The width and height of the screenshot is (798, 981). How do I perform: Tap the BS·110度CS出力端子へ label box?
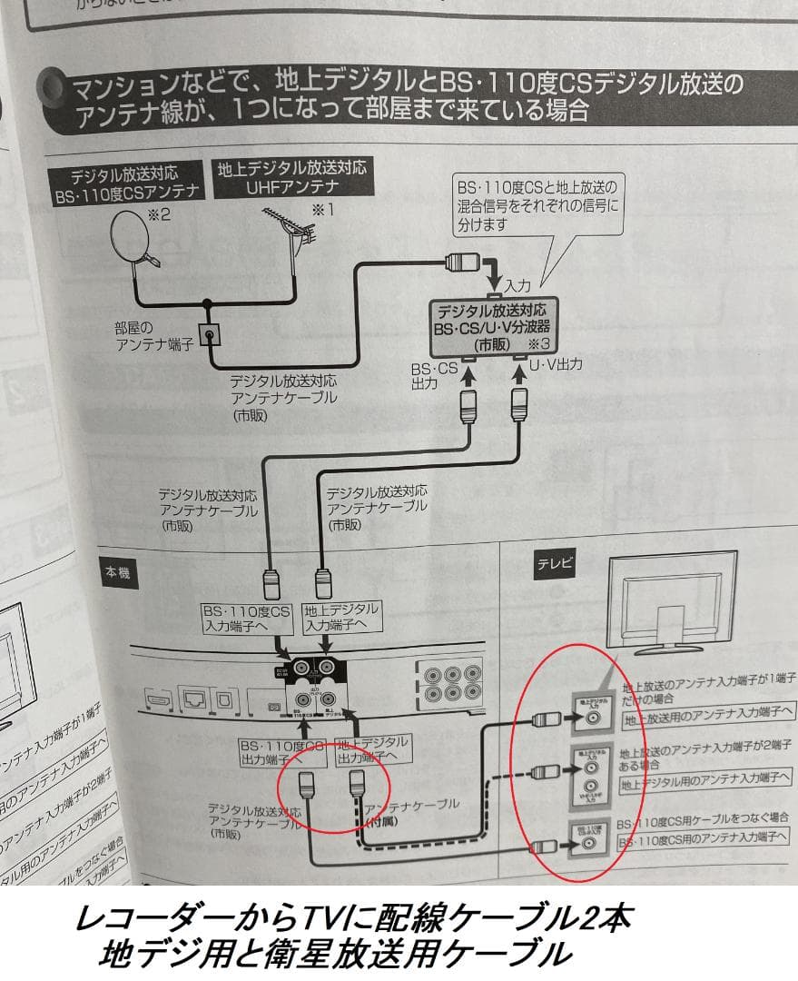click(x=281, y=750)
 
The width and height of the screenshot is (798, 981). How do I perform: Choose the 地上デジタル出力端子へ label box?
click(x=372, y=748)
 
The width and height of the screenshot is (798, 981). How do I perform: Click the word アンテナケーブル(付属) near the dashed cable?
click(x=410, y=811)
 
